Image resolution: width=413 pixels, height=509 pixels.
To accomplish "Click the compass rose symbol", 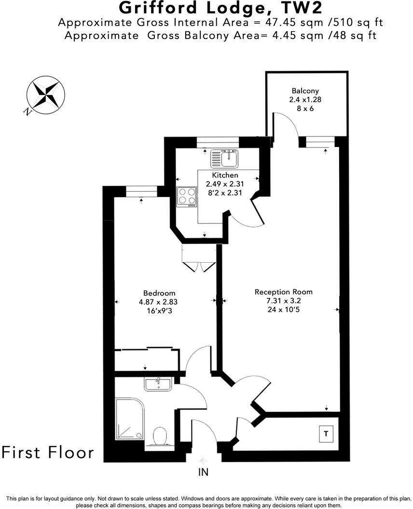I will [46, 95].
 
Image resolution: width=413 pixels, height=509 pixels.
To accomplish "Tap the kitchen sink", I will [225, 158].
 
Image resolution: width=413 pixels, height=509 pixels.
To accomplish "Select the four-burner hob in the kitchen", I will [187, 197].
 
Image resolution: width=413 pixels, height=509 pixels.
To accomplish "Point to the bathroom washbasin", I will [157, 385].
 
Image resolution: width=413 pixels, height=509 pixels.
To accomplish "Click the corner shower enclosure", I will [129, 418].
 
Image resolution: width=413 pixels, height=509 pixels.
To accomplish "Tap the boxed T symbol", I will [326, 434].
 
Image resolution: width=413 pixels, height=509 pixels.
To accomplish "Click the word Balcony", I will [305, 91].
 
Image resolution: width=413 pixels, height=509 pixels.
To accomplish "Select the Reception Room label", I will [283, 292].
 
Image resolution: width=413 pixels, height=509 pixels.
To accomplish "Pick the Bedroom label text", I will [159, 293].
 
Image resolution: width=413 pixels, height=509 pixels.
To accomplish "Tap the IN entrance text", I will [204, 473].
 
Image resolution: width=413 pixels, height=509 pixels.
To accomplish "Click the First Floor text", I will [48, 453].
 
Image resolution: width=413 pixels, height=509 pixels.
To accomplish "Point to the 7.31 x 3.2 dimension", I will [283, 301].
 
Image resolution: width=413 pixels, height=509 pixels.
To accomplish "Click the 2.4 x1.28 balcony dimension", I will [305, 100].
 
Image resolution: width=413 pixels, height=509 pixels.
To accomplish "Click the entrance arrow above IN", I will [204, 461].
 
